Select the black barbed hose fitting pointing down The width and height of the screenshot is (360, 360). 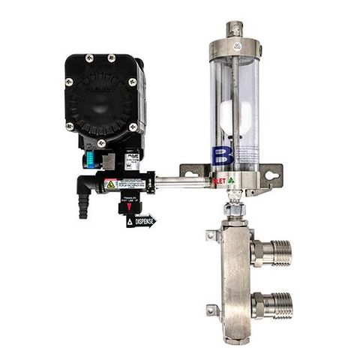[x=82, y=205]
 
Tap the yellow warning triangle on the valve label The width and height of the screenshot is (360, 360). [x=110, y=184]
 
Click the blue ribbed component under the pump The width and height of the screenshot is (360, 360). [x=87, y=160]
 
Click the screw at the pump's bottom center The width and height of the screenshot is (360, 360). [x=101, y=142]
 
